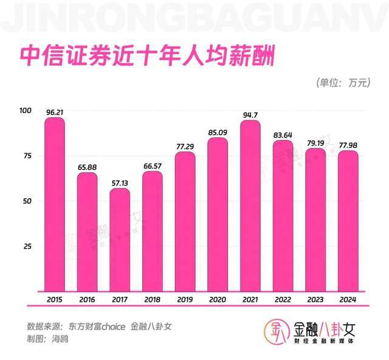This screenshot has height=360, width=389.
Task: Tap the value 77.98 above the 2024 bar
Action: (348, 145)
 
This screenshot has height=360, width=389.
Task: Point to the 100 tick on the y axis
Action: (25, 111)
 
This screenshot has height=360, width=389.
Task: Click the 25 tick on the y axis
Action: (27, 246)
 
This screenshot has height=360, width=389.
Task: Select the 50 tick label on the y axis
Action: (27, 201)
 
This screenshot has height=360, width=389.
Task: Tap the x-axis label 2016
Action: (87, 299)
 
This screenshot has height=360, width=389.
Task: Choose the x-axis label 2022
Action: (283, 299)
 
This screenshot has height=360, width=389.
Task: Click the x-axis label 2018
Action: (153, 299)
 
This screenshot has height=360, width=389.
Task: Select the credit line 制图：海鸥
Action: (47, 338)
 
